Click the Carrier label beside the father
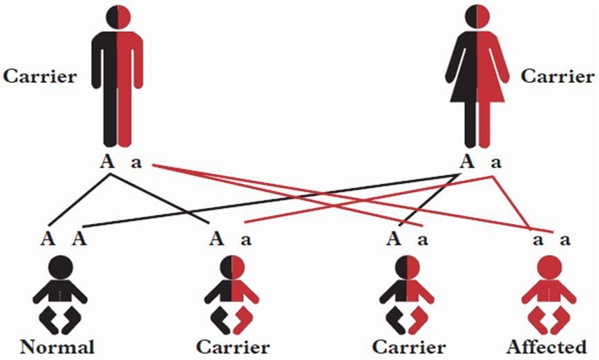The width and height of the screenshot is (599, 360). tap(39, 76)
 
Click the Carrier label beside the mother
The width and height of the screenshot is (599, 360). tap(557, 76)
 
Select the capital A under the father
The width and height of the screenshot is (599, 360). tap(108, 164)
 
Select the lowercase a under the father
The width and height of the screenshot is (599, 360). tap(135, 165)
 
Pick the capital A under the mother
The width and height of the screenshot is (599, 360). tap(468, 164)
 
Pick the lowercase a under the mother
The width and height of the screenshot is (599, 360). tap(495, 165)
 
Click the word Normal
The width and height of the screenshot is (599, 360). tap(57, 345)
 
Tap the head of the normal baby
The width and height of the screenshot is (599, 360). tap(60, 267)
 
